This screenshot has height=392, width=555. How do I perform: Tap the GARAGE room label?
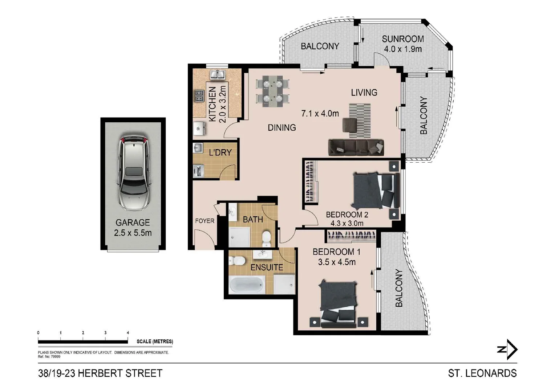tap(133, 222)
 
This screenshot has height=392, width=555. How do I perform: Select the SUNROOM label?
tap(403, 39)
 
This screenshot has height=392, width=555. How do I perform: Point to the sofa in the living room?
tap(356, 147)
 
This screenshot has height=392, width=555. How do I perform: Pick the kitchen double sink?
tap(218, 74)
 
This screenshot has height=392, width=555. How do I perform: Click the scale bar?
tap(83, 341)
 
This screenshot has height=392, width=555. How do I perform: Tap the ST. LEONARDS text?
tap(482, 373)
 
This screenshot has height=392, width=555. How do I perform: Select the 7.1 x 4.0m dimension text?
tap(320, 114)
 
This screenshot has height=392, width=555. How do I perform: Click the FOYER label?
tap(204, 221)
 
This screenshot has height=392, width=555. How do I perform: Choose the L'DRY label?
tap(220, 152)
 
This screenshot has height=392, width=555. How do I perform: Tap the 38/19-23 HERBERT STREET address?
tap(100, 373)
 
